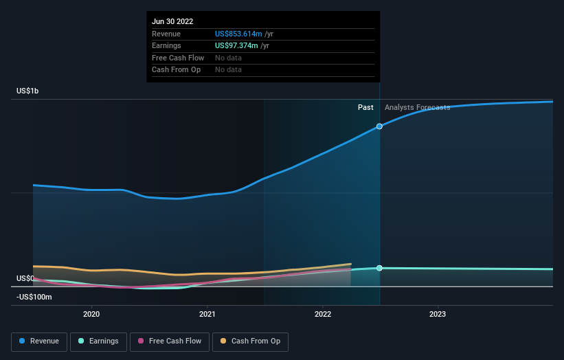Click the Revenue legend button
[x=40, y=341]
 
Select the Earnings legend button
[x=98, y=341]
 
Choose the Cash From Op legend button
[x=251, y=341]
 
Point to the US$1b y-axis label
[x=28, y=91]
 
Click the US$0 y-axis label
[x=25, y=278]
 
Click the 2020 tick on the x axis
[x=91, y=314]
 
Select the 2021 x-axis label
[x=207, y=314]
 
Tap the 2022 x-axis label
[x=322, y=314]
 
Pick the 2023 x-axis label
[x=438, y=314]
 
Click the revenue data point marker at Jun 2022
[x=379, y=126]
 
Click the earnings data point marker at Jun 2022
[x=379, y=268]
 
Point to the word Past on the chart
[x=365, y=108]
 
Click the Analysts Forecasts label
[x=417, y=108]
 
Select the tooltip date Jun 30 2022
[x=172, y=21]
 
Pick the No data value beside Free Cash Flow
[x=228, y=58]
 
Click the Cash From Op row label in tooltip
[x=176, y=69]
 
